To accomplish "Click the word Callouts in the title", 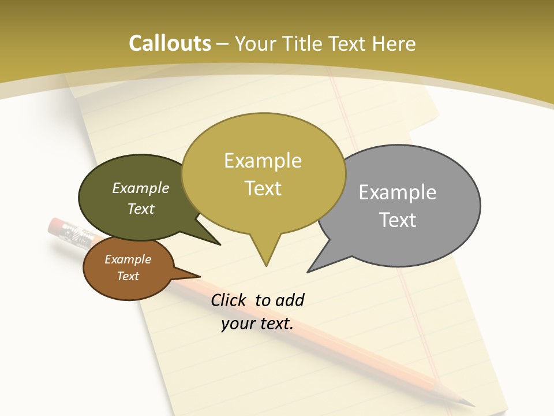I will coord(170,43).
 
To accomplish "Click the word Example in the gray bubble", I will coord(398,192).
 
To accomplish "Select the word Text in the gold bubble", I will coord(263,188).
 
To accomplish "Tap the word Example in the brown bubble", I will coord(128,259).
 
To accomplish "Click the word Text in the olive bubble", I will coord(141,209).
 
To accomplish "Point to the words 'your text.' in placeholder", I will coord(257,324).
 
